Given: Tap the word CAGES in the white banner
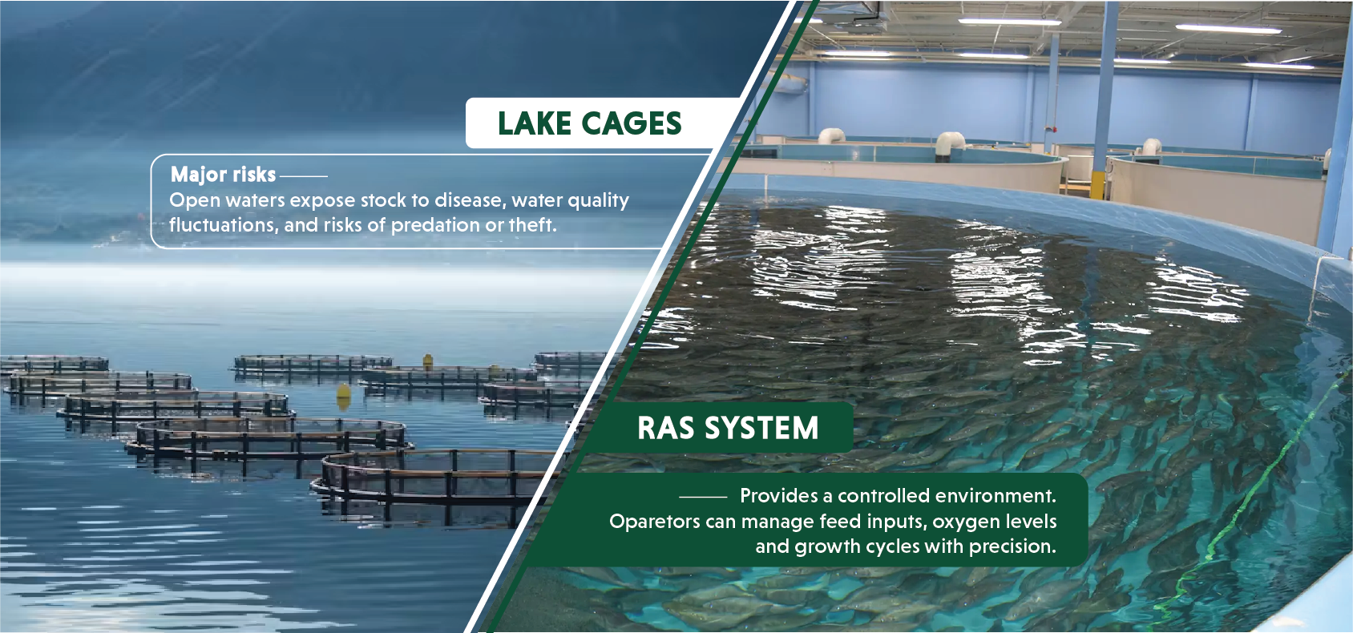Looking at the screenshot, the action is pos(632,123).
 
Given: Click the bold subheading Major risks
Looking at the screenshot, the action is pos(223,175).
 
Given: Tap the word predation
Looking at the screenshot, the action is pos(434,225).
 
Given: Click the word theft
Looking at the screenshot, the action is pos(532,224).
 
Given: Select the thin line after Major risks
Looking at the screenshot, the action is pos(304,176).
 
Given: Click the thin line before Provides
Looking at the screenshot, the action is pos(703,497).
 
